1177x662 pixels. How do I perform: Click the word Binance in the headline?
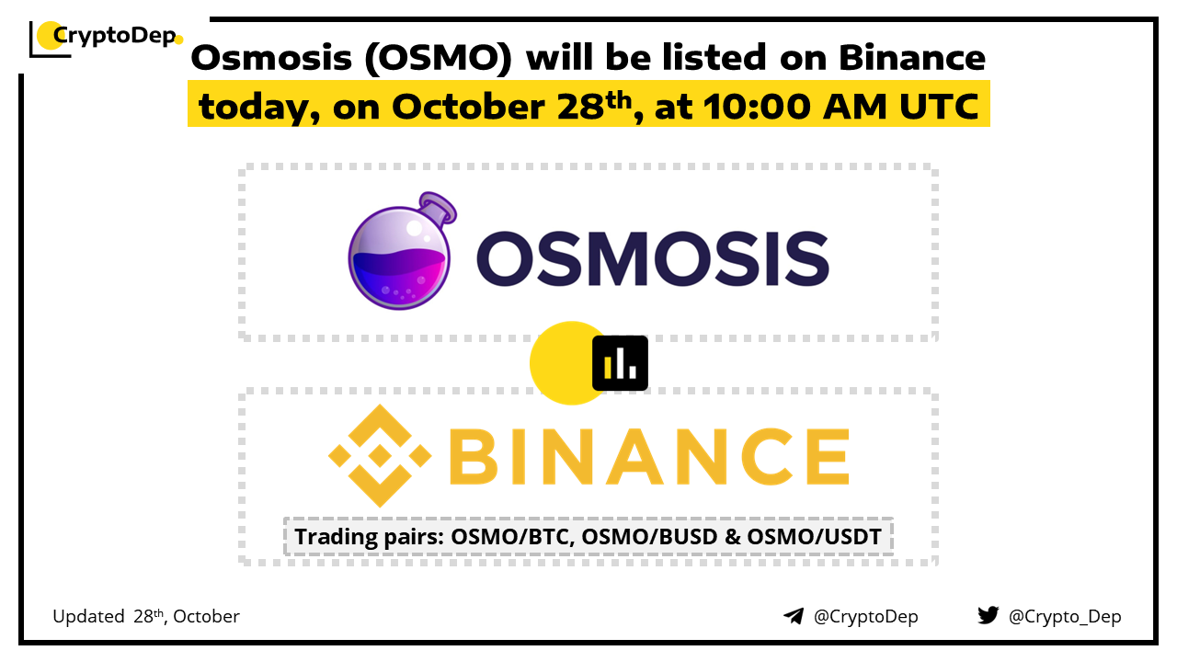tap(911, 57)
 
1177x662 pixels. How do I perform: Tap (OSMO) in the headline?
tap(438, 58)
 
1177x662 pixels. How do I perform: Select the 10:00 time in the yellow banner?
tap(757, 107)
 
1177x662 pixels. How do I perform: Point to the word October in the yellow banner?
tap(468, 107)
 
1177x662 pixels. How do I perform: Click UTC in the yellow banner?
tap(939, 107)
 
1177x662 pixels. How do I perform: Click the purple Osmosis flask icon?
tap(402, 251)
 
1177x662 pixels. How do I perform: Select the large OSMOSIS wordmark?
tap(653, 259)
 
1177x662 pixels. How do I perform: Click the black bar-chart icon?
tap(620, 363)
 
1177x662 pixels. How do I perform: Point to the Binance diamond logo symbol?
tap(380, 455)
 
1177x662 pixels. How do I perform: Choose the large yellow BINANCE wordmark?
tap(649, 456)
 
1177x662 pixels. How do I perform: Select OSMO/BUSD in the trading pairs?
tap(649, 537)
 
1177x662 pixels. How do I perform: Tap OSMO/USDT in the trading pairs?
tap(815, 537)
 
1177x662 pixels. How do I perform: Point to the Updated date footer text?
tap(146, 616)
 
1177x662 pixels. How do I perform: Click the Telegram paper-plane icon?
tap(794, 616)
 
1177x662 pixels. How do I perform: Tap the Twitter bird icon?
tap(988, 615)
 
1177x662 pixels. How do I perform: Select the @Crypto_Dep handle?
tap(1065, 617)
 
